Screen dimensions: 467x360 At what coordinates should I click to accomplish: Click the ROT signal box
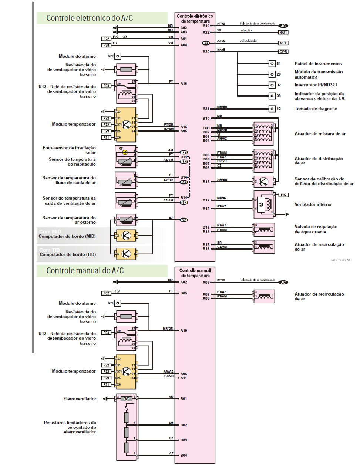(x=283, y=33)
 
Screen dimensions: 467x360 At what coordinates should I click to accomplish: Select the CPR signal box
(x=283, y=52)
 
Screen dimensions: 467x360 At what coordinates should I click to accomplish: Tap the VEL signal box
(x=283, y=43)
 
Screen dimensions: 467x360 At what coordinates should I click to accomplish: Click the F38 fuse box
(x=106, y=45)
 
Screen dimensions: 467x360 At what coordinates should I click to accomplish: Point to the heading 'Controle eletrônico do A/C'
(x=90, y=18)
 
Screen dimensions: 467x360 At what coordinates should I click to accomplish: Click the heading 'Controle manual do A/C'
(x=85, y=271)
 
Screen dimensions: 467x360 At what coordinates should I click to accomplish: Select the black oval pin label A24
(x=184, y=220)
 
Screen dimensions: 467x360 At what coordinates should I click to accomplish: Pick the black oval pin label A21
(x=206, y=43)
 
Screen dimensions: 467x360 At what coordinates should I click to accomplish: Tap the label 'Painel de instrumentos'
(x=318, y=64)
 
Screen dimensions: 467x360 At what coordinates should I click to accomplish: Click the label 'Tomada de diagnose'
(x=316, y=109)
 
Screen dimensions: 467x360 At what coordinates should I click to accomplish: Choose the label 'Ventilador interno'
(x=313, y=204)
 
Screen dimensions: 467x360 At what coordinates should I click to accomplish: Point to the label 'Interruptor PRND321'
(x=316, y=85)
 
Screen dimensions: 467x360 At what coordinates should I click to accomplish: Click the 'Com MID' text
(x=50, y=231)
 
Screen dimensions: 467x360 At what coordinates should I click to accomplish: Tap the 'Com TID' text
(x=50, y=250)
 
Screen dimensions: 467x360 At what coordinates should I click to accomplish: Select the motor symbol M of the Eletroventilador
(x=127, y=399)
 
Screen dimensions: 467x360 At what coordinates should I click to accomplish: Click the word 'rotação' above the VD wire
(x=245, y=30)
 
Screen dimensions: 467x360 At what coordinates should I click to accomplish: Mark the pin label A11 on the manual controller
(x=184, y=378)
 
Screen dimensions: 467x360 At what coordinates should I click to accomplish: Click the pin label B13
(x=206, y=182)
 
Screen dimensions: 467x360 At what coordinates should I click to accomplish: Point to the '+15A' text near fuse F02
(x=117, y=291)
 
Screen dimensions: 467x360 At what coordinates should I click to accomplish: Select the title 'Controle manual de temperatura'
(x=195, y=273)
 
